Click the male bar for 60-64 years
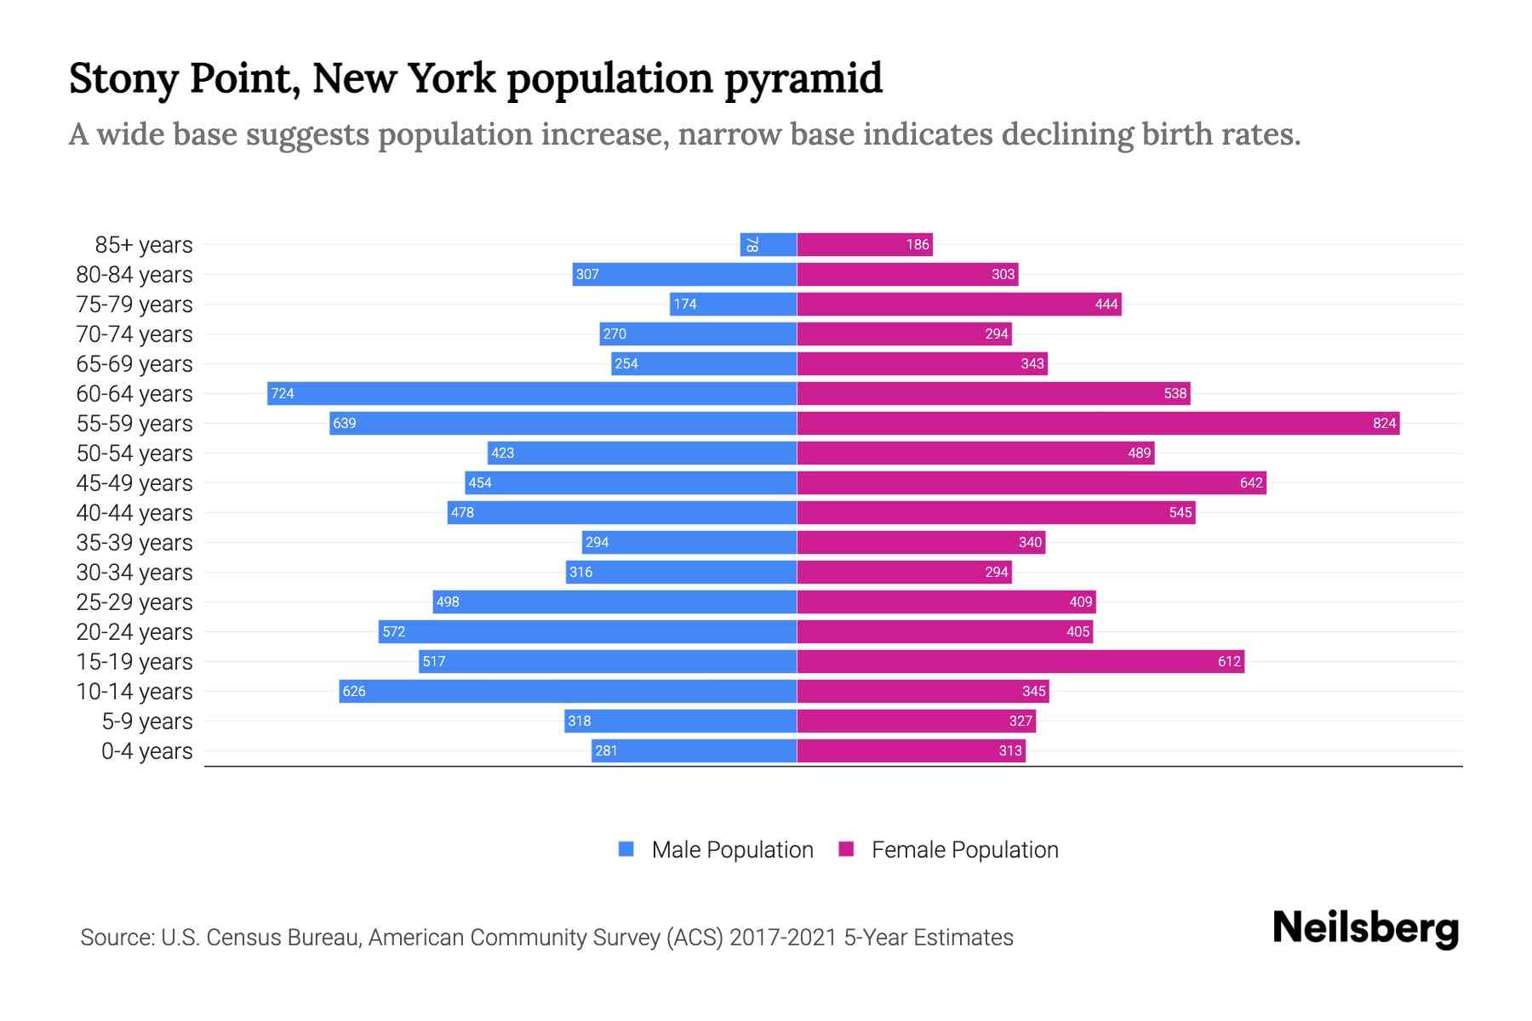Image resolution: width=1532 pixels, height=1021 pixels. (532, 393)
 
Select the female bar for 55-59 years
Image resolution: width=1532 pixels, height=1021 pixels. (1098, 423)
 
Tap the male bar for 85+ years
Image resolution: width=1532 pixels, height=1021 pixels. (768, 244)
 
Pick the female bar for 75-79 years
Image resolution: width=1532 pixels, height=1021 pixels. (959, 304)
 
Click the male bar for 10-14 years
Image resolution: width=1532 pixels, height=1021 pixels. (568, 691)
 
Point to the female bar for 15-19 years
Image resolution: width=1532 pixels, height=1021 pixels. (1020, 661)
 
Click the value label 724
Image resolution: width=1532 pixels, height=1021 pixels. (283, 393)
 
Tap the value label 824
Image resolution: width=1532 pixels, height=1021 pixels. (1384, 423)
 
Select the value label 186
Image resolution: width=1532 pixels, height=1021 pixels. (917, 244)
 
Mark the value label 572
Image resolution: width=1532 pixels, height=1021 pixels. (393, 631)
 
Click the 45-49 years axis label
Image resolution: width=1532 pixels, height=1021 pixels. (134, 483)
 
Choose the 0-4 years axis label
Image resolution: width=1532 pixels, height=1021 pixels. (146, 751)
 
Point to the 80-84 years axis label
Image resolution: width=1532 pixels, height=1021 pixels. (134, 275)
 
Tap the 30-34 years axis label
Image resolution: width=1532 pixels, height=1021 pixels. (134, 573)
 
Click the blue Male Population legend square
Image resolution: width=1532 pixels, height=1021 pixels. (626, 849)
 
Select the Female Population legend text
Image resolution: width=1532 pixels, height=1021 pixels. (964, 849)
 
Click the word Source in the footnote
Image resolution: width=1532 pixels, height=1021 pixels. (117, 938)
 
